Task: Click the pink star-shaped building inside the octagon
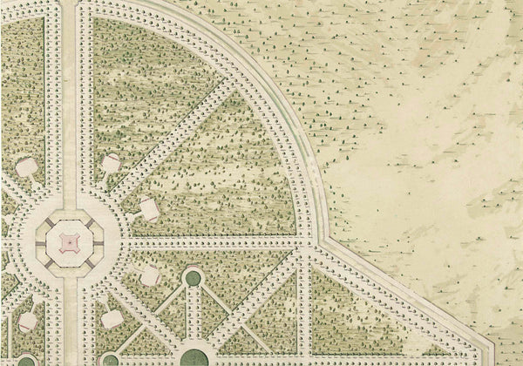tap(67, 237)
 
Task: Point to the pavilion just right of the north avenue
tap(112, 162)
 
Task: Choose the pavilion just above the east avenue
tap(148, 208)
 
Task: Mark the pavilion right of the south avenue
tap(112, 318)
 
